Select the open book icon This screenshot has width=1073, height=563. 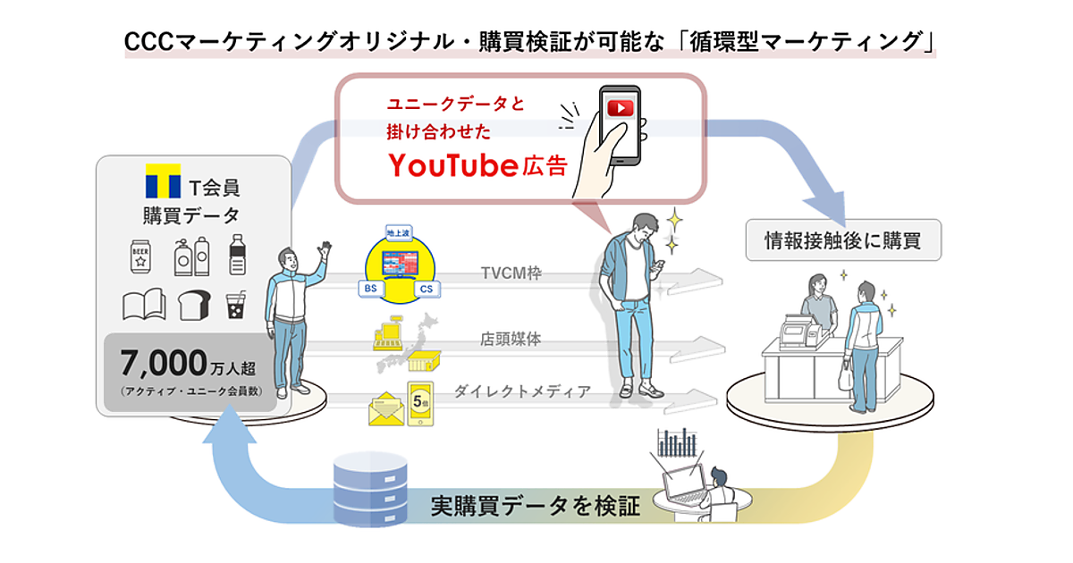pyautogui.click(x=144, y=305)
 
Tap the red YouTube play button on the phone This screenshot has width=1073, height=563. pyautogui.click(x=619, y=108)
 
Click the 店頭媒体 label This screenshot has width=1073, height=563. pyautogui.click(x=511, y=340)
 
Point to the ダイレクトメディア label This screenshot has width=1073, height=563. pyautogui.click(x=522, y=391)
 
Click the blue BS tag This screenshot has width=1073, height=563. pyautogui.click(x=368, y=289)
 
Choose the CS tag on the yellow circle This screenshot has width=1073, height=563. pyautogui.click(x=428, y=289)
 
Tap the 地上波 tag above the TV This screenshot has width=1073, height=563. pyautogui.click(x=397, y=233)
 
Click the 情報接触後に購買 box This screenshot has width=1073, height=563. pyautogui.click(x=843, y=239)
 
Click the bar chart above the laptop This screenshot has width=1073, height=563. pyautogui.click(x=675, y=441)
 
